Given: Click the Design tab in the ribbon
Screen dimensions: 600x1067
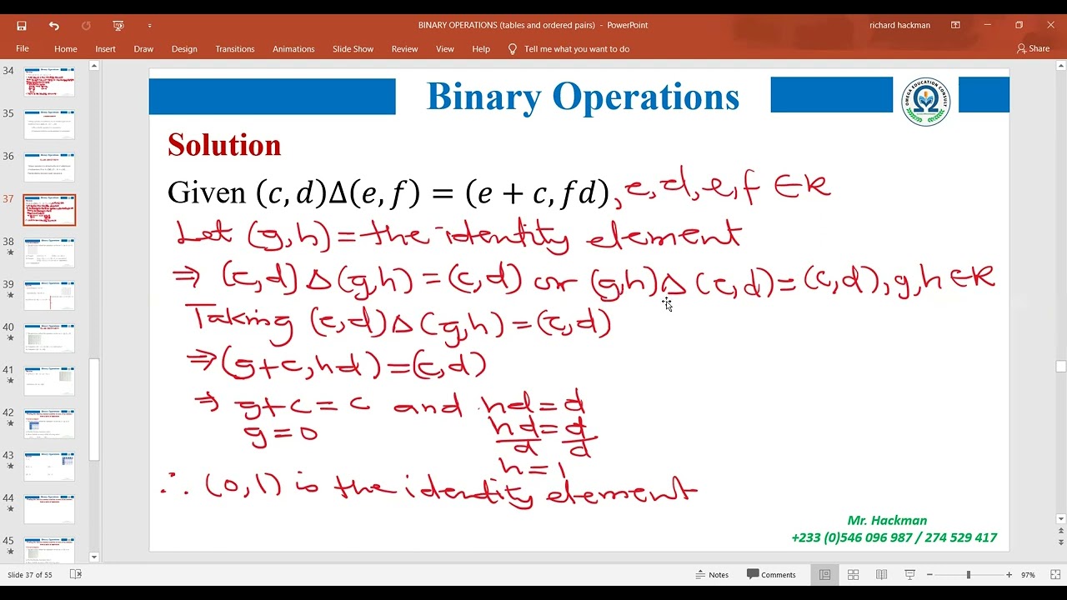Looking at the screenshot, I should tap(184, 49).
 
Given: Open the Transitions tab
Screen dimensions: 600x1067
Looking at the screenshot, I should tap(234, 49).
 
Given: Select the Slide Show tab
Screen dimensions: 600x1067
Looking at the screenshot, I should tap(353, 49).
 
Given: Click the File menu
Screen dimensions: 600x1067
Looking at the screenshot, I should tap(23, 49).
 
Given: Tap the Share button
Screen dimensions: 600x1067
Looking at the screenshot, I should tap(1034, 49).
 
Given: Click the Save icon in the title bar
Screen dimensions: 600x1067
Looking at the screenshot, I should tap(22, 26).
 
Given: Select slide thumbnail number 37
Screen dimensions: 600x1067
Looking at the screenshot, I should tap(49, 210).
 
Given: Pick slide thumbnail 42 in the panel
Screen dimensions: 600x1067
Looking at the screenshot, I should tap(49, 423).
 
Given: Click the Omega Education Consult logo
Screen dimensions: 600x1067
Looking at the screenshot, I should tap(926, 102).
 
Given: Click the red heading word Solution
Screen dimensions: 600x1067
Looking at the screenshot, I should tap(224, 146).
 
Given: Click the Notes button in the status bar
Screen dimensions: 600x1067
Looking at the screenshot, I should tap(712, 575).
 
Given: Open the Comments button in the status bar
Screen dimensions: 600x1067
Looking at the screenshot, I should tap(771, 575).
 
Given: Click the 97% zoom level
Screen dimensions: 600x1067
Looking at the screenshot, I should tap(1028, 575).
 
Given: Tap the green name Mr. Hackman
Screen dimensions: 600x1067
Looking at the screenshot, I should tap(887, 521).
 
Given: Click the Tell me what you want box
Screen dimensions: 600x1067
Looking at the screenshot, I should tap(576, 49).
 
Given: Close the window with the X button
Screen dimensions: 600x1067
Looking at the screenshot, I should tap(1050, 25).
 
